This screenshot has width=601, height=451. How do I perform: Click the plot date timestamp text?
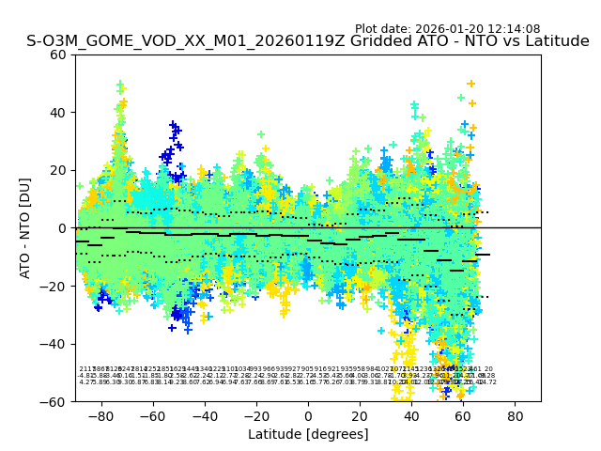pyautogui.click(x=460, y=29)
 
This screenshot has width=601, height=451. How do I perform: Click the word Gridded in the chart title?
pyautogui.click(x=356, y=41)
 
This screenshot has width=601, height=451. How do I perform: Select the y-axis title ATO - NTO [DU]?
pyautogui.click(x=26, y=228)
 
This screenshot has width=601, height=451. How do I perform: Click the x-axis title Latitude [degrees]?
pyautogui.click(x=308, y=434)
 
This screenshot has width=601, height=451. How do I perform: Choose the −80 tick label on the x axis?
pyautogui.click(x=100, y=415)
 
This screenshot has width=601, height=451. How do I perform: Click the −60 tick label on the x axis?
pyautogui.click(x=151, y=415)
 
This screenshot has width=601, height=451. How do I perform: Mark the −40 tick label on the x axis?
pyautogui.click(x=203, y=415)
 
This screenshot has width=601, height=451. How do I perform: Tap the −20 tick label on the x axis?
pyautogui.click(x=255, y=415)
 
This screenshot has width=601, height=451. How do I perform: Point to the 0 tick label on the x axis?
pyautogui.click(x=308, y=415)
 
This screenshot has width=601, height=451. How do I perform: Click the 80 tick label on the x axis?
pyautogui.click(x=516, y=415)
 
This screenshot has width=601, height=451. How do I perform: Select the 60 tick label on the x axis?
pyautogui.click(x=464, y=415)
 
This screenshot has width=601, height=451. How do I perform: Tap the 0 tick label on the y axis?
pyautogui.click(x=64, y=228)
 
